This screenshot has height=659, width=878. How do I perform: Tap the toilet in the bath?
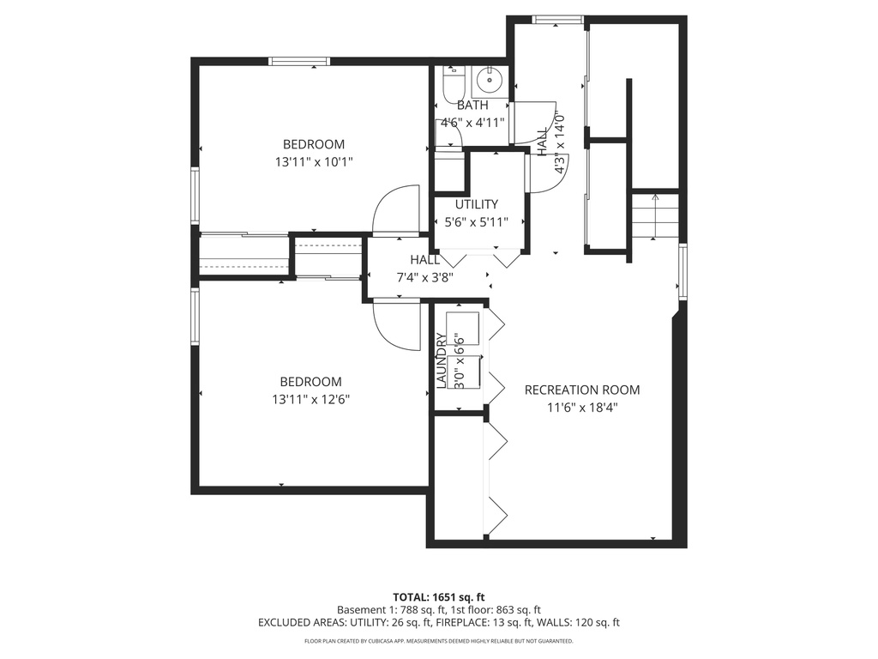coord(452,84)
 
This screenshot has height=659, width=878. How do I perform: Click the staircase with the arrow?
coord(655,216)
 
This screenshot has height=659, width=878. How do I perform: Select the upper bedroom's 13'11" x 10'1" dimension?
coord(313,160)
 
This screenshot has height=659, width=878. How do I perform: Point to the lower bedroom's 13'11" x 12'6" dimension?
coord(310,399)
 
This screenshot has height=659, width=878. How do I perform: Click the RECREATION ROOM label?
coord(581,390)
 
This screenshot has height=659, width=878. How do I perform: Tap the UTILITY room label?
coord(476,204)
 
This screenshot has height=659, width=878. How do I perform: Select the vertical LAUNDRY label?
coord(442,361)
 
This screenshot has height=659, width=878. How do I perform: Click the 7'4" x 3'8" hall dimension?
coord(424,277)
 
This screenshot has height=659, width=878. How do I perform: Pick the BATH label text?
coord(472,106)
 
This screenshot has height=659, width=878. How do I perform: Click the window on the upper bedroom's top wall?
coord(299,61)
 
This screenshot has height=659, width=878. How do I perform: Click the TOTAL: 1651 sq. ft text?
coord(439,596)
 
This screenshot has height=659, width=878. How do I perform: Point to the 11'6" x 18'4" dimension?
coord(582,408)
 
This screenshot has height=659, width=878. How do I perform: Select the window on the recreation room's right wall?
coord(683,271)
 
